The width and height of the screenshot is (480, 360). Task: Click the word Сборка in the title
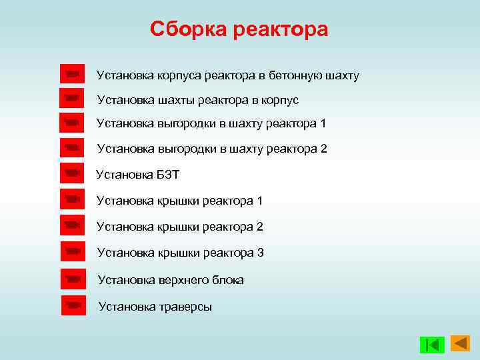189,29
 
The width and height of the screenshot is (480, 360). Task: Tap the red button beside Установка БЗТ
72,173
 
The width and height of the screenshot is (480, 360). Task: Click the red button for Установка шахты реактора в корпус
72,98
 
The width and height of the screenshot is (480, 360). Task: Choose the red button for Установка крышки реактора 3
73,251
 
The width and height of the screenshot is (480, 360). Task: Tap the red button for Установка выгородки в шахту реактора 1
72,122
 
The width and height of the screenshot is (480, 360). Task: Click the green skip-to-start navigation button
432,345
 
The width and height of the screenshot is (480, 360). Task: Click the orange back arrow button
460,343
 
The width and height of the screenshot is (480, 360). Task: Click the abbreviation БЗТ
169,175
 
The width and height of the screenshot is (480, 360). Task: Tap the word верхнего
183,280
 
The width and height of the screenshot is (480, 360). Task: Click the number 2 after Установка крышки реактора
260,227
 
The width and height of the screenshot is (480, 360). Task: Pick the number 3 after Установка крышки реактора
261,253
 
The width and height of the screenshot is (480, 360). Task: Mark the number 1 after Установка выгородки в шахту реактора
323,123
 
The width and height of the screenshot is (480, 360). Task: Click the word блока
227,280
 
